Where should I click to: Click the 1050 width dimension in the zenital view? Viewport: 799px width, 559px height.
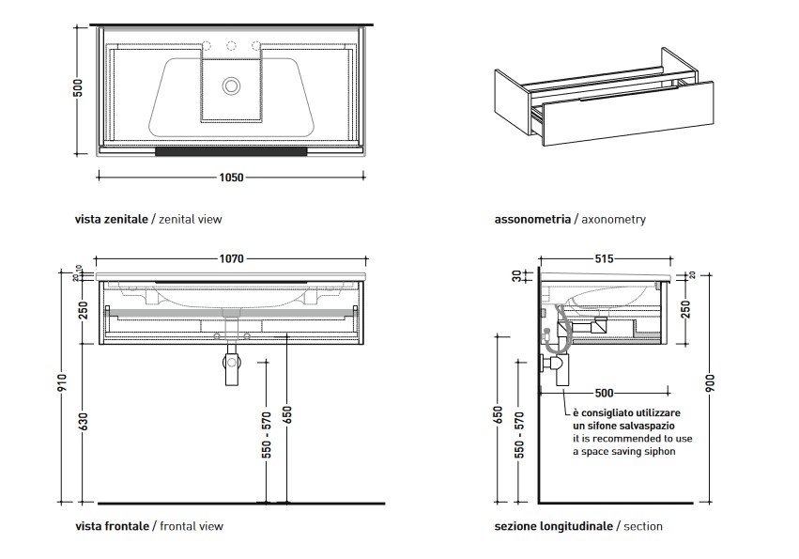click(x=231, y=177)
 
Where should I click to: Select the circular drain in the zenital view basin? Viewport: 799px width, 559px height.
click(x=231, y=85)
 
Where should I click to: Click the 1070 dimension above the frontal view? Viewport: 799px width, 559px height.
click(x=231, y=258)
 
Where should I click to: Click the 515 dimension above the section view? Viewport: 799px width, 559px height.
click(x=605, y=258)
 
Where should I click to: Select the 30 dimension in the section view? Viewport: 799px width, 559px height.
click(x=516, y=275)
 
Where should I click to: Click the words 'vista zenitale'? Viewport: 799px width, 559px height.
click(x=112, y=219)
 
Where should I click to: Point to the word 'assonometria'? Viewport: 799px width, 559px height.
click(x=532, y=219)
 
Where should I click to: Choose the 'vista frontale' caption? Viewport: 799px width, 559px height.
click(x=112, y=526)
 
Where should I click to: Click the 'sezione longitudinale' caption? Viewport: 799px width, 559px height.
click(x=553, y=526)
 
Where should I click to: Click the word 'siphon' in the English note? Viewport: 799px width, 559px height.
click(x=656, y=452)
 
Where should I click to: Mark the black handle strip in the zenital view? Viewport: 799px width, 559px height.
click(x=231, y=149)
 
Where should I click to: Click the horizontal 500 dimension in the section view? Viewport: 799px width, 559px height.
click(x=605, y=393)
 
